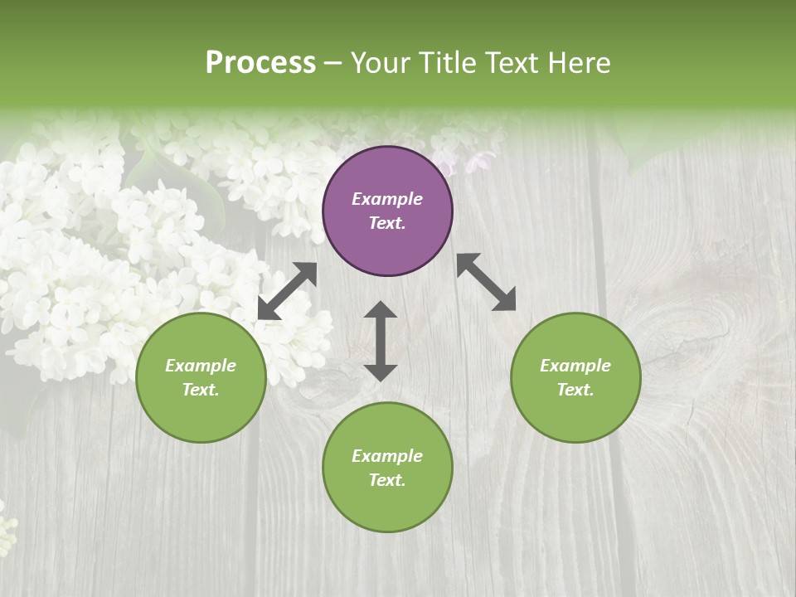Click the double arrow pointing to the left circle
[x=287, y=291]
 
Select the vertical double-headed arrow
[x=381, y=341]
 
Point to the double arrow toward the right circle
[x=486, y=282]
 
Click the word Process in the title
[x=260, y=62]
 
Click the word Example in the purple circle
[x=387, y=199]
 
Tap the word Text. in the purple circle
[x=387, y=223]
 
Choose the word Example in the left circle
[x=201, y=366]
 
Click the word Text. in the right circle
[x=575, y=390]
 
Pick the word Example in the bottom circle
[x=387, y=456]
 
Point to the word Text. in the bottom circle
[x=387, y=480]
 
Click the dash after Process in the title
[x=333, y=63]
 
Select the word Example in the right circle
[x=575, y=366]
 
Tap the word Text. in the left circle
[x=201, y=390]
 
